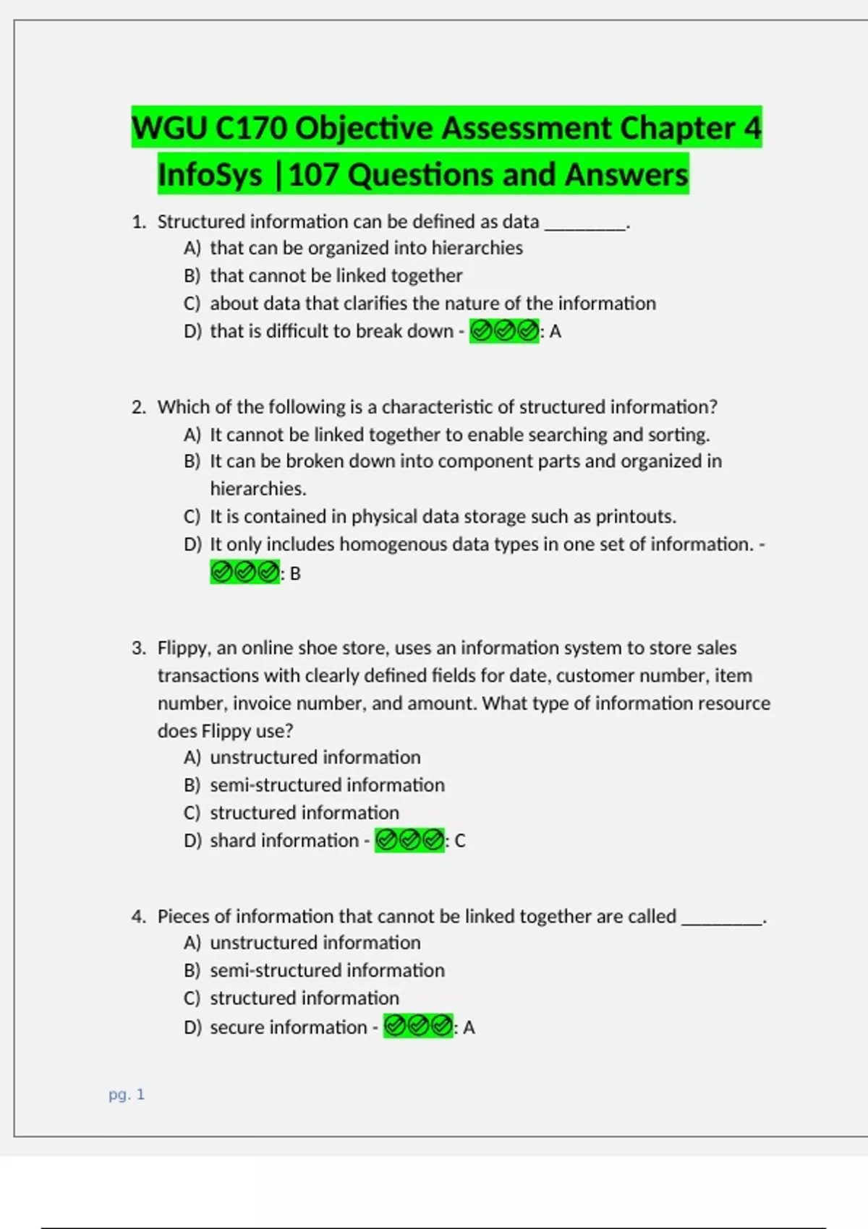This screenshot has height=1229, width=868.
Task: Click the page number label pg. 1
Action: pyautogui.click(x=127, y=1095)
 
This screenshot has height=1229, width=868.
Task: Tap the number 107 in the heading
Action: pyautogui.click(x=313, y=175)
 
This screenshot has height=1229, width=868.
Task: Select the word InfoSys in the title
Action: pyautogui.click(x=210, y=175)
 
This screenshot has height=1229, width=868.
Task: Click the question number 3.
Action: pyautogui.click(x=138, y=648)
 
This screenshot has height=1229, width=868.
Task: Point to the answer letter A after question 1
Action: pyautogui.click(x=556, y=332)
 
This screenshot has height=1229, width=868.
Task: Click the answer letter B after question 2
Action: pyautogui.click(x=295, y=573)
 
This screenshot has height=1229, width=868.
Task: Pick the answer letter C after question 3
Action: pyautogui.click(x=460, y=841)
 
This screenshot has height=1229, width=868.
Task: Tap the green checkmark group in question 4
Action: pyautogui.click(x=418, y=1027)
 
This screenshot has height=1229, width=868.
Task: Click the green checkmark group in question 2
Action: pyautogui.click(x=244, y=573)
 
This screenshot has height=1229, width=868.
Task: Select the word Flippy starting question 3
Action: pyautogui.click(x=184, y=648)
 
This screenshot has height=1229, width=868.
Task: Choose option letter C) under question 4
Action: pyautogui.click(x=192, y=998)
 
